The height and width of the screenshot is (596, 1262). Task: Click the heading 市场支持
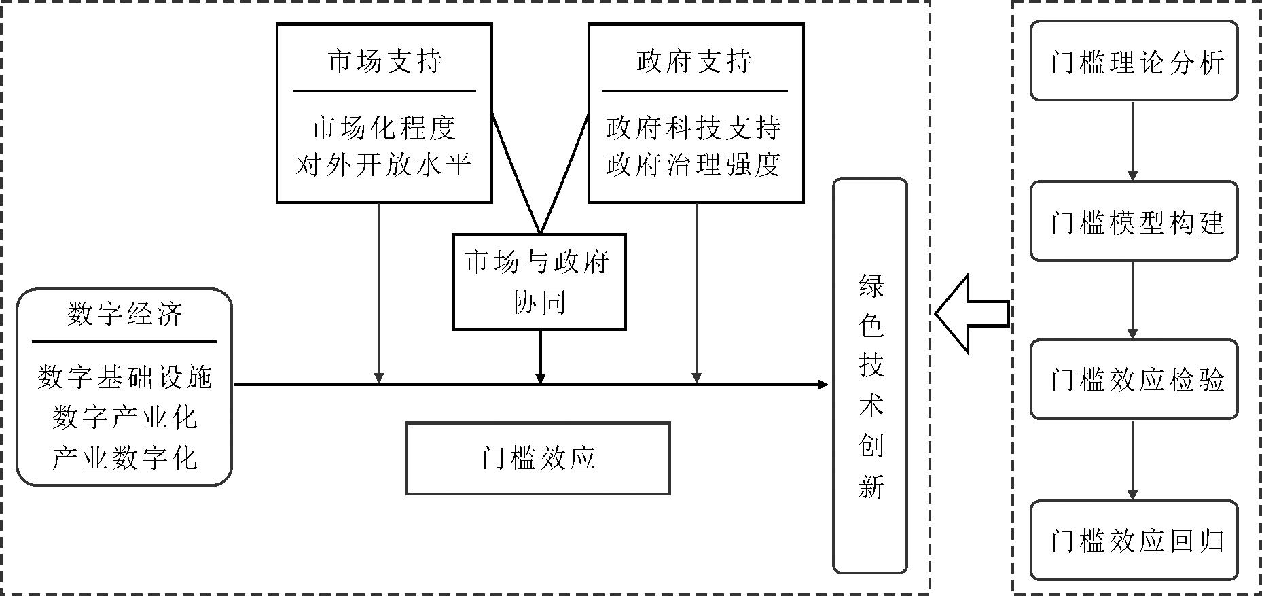tap(384, 61)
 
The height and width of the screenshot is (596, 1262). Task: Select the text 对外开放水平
tap(384, 164)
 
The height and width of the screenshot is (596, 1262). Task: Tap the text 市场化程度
tap(384, 127)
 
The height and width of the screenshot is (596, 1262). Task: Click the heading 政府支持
tap(695, 61)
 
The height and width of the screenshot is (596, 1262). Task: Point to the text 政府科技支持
tap(694, 127)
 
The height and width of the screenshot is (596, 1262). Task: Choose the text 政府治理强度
tap(694, 164)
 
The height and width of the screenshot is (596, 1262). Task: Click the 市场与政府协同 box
tap(539, 282)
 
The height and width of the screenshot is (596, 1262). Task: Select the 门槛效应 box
tap(538, 458)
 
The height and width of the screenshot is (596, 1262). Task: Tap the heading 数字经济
tap(125, 315)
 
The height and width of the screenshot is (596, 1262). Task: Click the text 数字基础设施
tap(125, 377)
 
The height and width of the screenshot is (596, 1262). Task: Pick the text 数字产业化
tap(125, 417)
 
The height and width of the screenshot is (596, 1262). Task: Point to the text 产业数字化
tap(125, 457)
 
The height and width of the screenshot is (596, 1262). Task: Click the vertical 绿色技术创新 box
tap(870, 376)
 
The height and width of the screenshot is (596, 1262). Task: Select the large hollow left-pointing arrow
tap(971, 314)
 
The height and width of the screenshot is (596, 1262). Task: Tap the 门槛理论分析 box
tap(1134, 61)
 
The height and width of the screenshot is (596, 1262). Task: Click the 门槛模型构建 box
tap(1134, 221)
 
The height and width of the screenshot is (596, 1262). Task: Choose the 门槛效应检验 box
tap(1134, 379)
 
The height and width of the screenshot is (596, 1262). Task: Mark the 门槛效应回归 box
tap(1134, 540)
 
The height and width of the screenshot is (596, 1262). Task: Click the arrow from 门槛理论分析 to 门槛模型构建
tap(1132, 141)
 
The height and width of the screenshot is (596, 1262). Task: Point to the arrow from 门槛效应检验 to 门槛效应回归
tap(1132, 460)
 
